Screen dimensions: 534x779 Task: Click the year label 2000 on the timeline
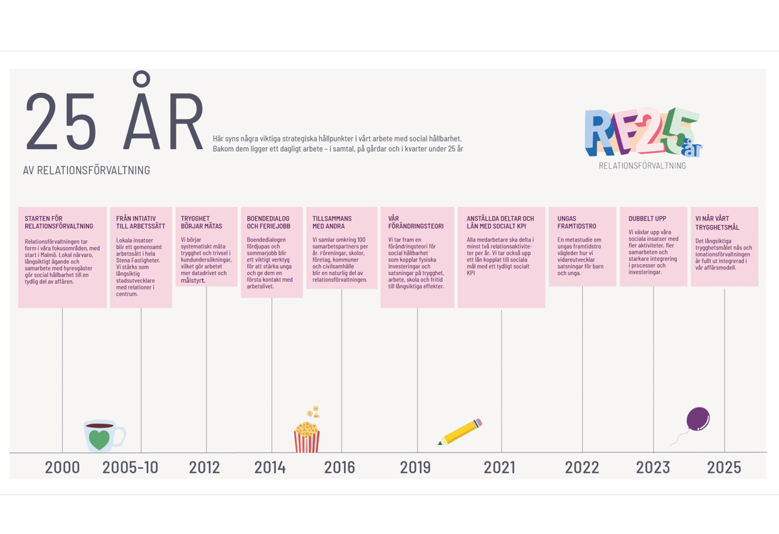[x=62, y=467]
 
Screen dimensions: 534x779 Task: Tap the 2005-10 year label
[x=130, y=467]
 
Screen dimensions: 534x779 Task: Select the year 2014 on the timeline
[x=270, y=467]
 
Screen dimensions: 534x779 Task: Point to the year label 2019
[x=415, y=467]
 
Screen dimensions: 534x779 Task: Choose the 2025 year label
[x=724, y=467]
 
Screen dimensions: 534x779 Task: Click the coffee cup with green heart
[x=103, y=435]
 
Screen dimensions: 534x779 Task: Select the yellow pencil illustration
[x=460, y=432]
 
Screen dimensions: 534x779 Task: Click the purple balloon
[x=697, y=419]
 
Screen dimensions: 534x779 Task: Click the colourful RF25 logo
[x=642, y=133]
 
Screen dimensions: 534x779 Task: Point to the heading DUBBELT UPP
[x=647, y=219]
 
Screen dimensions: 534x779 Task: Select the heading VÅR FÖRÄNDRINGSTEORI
[x=415, y=223]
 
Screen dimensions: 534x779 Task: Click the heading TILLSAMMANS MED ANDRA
[x=332, y=223]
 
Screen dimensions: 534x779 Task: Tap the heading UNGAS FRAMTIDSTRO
[x=576, y=223]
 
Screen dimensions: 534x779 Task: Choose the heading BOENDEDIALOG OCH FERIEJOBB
[x=268, y=223]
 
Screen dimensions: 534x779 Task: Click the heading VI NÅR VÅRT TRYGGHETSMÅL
[x=717, y=223]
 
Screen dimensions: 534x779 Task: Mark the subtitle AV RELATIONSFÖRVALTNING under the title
[x=86, y=171]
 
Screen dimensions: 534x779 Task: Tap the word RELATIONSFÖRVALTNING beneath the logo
[x=642, y=165]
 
